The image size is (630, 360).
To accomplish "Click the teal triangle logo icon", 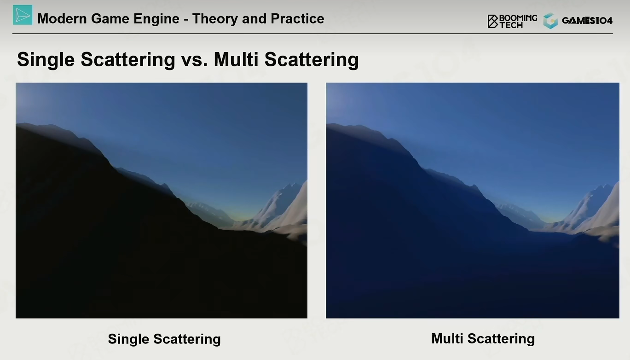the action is click(x=23, y=15).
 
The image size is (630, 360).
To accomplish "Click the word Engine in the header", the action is click(x=156, y=19).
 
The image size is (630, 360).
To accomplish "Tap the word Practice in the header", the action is click(x=297, y=18).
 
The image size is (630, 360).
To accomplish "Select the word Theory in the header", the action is click(x=215, y=19).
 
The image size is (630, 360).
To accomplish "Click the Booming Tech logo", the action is click(x=512, y=21).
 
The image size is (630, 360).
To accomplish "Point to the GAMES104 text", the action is click(x=587, y=21).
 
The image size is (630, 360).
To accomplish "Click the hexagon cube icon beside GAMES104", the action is click(x=550, y=21).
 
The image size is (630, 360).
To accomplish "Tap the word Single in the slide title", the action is click(x=46, y=60).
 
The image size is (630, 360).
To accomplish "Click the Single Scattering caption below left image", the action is click(x=164, y=339).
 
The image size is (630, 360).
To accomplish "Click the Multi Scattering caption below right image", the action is click(x=483, y=339).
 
